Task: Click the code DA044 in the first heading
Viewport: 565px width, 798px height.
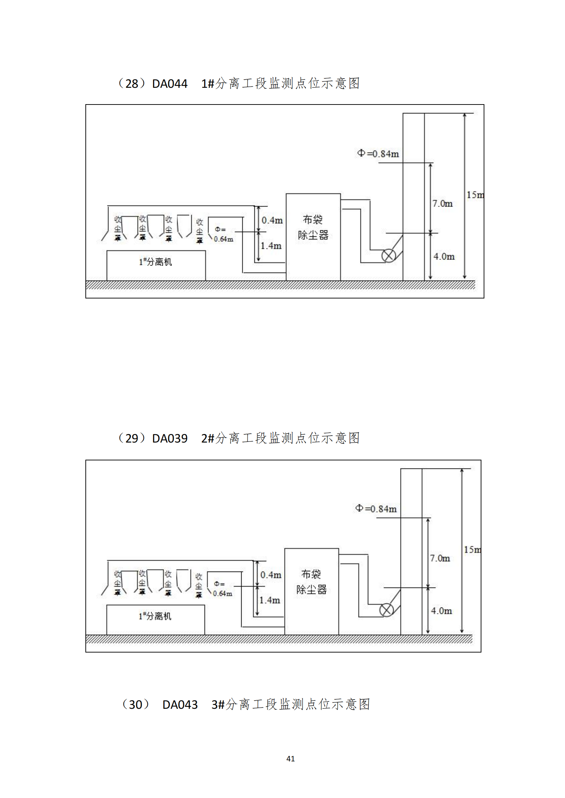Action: [x=170, y=84]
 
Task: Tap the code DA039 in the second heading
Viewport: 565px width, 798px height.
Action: [x=170, y=439]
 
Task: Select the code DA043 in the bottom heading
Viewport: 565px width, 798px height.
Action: [x=180, y=705]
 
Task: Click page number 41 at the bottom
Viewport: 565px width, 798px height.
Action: [x=290, y=759]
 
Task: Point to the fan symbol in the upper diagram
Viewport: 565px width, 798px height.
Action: [x=389, y=256]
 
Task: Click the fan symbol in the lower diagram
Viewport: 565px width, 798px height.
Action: [x=386, y=610]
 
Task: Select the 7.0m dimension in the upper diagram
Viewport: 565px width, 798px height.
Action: [x=442, y=204]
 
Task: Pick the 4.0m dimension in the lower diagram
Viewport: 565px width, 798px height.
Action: [x=442, y=611]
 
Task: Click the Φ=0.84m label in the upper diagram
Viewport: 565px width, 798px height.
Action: [x=378, y=154]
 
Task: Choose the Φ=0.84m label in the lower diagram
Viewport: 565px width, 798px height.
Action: [x=376, y=509]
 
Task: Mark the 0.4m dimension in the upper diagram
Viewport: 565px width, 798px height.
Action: [x=272, y=220]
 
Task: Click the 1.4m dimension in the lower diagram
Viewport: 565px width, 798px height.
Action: [x=270, y=600]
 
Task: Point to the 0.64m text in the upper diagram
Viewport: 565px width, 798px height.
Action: [x=223, y=239]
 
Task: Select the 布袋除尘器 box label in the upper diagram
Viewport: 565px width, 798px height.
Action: [x=313, y=227]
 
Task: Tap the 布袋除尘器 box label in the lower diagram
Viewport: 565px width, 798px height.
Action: [x=311, y=582]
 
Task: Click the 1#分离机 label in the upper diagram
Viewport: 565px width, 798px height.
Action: [x=155, y=262]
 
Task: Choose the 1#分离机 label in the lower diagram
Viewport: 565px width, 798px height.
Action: [x=155, y=616]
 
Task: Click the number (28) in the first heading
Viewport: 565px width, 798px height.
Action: [x=131, y=84]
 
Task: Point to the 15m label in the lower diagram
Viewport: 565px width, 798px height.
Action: [x=472, y=550]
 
